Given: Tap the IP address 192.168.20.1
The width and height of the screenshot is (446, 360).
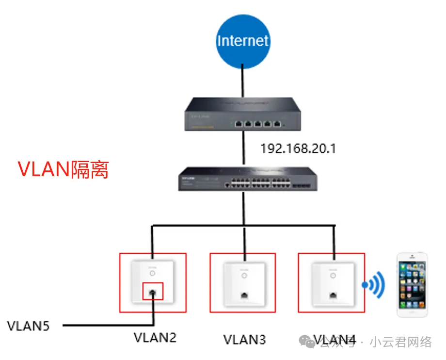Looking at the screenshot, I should (298, 148).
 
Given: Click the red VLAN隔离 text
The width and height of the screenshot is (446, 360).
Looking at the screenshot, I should (63, 170).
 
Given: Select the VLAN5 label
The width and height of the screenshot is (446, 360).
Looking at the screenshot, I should (28, 326).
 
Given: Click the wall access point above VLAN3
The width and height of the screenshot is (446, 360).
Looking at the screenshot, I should (242, 283).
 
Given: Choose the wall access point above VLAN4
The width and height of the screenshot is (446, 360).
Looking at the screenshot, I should (332, 283).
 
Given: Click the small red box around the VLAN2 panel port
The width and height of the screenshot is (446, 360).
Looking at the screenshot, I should (153, 292).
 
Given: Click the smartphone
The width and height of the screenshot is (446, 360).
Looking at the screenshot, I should (413, 284).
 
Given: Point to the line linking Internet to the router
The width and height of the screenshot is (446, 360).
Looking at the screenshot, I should (242, 81).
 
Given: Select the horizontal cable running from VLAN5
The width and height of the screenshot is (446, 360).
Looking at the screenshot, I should (107, 325).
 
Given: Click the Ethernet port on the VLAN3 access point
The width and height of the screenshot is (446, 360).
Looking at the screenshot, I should (242, 295).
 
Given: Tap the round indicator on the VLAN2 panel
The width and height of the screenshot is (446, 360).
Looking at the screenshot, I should (153, 273).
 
